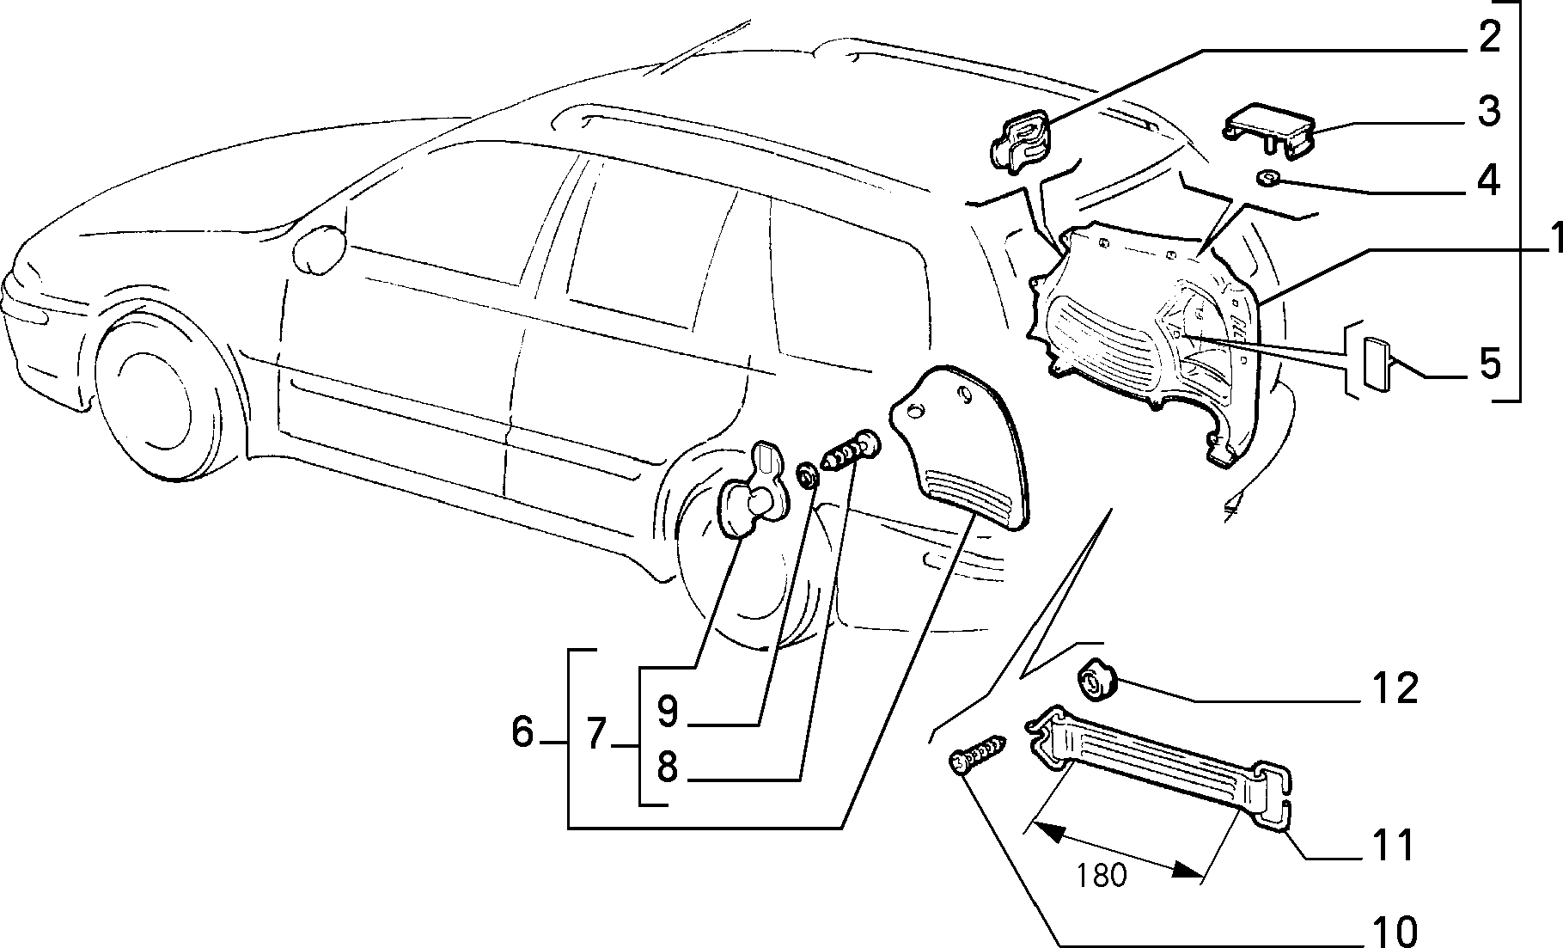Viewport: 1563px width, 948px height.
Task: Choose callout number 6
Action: [523, 732]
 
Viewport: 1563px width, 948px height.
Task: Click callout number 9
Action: [668, 710]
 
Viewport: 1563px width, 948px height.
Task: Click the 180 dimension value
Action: [1102, 876]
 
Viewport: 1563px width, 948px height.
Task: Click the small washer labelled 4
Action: [1267, 179]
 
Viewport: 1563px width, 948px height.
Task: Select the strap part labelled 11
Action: [1158, 768]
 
